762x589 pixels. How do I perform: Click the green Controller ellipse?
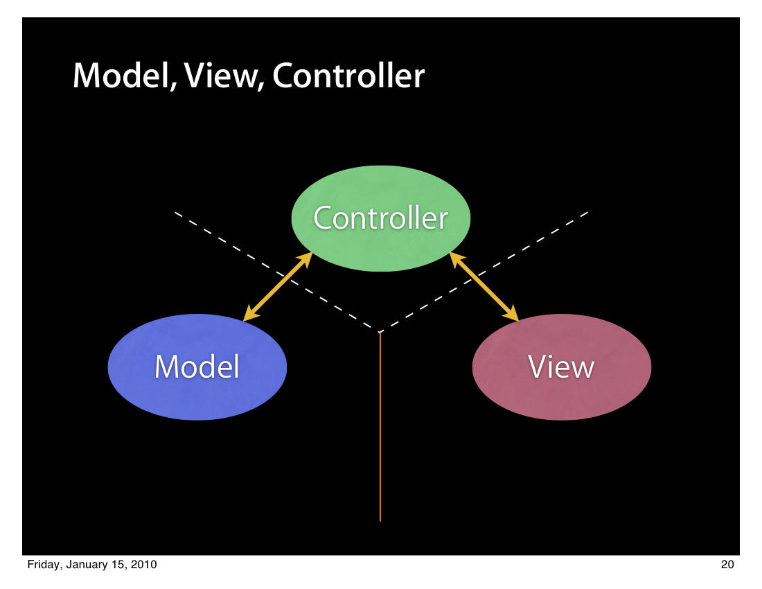pyautogui.click(x=380, y=218)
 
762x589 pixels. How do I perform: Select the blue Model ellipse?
pyautogui.click(x=197, y=367)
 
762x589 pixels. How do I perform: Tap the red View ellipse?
pyautogui.click(x=562, y=367)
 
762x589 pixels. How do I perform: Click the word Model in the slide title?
pyautogui.click(x=125, y=76)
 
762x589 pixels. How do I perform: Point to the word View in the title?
pyautogui.click(x=224, y=76)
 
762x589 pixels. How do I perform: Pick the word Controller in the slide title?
pyautogui.click(x=348, y=76)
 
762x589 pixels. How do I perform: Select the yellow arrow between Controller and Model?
pyautogui.click(x=278, y=287)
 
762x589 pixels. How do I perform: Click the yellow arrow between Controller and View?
pyautogui.click(x=484, y=287)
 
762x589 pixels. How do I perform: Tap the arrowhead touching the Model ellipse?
pyautogui.click(x=250, y=314)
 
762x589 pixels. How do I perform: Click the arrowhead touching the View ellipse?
pyautogui.click(x=511, y=314)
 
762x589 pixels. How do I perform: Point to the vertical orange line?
pyautogui.click(x=380, y=427)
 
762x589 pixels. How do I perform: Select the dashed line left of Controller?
pyautogui.click(x=276, y=272)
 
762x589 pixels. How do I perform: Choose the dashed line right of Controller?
pyautogui.click(x=484, y=272)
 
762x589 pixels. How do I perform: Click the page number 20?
pyautogui.click(x=727, y=564)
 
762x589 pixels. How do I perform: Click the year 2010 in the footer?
pyautogui.click(x=144, y=564)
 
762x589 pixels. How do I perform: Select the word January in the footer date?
pyautogui.click(x=87, y=565)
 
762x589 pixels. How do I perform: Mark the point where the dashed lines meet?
pyautogui.click(x=380, y=332)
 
